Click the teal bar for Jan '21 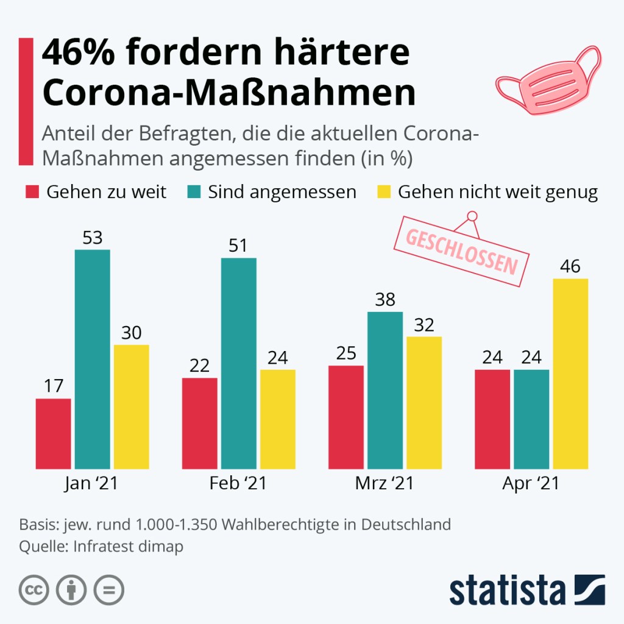point(93,360)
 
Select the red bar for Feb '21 point(200,424)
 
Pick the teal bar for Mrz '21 point(385,390)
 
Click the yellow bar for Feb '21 point(278,419)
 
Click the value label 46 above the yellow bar point(570,267)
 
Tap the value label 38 point(385,300)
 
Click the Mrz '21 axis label point(385,484)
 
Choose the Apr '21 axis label point(531,484)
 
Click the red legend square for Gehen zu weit point(32,193)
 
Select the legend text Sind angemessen point(282,193)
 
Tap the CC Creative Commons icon point(34,590)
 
